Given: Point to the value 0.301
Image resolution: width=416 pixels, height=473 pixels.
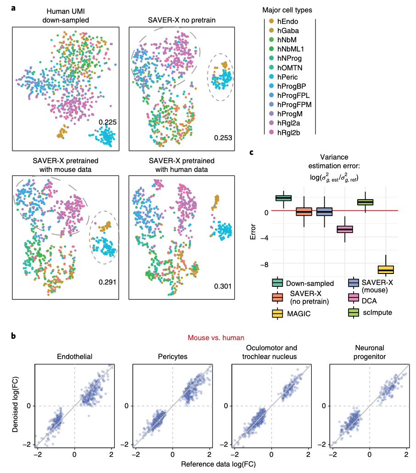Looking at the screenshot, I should tap(223, 286).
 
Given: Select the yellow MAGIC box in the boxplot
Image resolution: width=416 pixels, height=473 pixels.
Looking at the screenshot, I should tap(386, 269).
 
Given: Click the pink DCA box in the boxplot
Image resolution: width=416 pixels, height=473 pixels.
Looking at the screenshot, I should tap(344, 229).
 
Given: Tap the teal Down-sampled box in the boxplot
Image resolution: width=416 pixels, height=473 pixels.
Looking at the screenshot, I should tap(283, 198).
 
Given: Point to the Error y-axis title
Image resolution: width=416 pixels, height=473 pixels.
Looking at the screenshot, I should tap(253, 233).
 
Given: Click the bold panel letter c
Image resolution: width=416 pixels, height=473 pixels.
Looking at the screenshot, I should tap(251, 152).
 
